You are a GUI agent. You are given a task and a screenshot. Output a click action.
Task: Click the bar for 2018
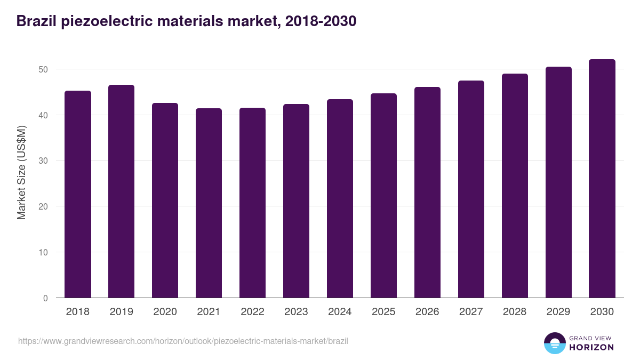[x=78, y=195]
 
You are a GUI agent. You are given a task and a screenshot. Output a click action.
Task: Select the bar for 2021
[x=209, y=203]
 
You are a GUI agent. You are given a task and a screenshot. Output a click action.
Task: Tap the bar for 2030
[x=602, y=179]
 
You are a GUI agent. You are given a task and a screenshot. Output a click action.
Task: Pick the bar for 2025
[x=383, y=196]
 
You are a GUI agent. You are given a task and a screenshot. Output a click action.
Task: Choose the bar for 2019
[x=121, y=191]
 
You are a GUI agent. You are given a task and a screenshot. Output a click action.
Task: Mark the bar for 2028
[x=515, y=186]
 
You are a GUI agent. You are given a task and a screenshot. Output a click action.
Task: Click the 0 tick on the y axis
[x=45, y=298]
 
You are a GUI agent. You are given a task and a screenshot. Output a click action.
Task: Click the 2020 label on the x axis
[x=165, y=312]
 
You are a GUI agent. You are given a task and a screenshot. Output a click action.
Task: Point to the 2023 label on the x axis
[x=296, y=312]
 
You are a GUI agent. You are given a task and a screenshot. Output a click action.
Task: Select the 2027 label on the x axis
[x=471, y=312]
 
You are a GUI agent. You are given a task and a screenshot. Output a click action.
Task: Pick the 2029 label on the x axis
[x=558, y=312]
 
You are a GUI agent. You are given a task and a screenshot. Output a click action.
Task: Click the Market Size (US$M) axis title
[x=21, y=172]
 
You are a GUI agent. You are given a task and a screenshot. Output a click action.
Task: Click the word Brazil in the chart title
[x=36, y=21]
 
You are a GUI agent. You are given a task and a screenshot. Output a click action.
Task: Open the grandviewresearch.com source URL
[x=183, y=341]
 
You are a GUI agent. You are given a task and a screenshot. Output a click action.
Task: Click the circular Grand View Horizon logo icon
[x=555, y=343]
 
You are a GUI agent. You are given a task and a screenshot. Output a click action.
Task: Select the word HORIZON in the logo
[x=591, y=347]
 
